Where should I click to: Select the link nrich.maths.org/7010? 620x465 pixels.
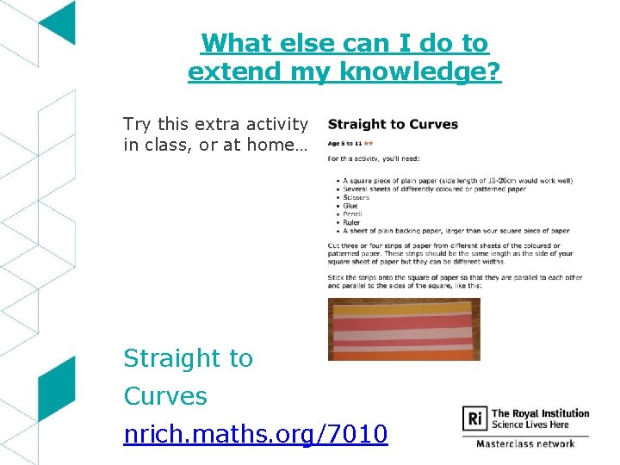[x=256, y=434]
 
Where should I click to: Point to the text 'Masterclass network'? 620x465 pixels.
[x=525, y=443]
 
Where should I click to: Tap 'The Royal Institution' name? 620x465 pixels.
[x=540, y=413]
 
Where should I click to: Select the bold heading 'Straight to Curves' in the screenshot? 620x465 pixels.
[x=393, y=125]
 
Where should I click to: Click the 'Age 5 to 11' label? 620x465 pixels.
[x=344, y=144]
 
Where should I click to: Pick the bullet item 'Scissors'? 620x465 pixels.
[x=356, y=197]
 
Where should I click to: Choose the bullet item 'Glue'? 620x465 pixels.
[x=350, y=206]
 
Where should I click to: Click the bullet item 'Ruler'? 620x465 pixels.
[x=351, y=222]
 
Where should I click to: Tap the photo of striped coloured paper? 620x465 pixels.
[x=404, y=330]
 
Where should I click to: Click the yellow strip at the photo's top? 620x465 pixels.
[x=404, y=306]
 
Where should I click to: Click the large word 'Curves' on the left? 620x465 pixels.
[x=165, y=396]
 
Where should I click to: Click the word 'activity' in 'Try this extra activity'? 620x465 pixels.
[x=277, y=124]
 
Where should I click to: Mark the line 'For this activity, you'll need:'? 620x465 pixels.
[x=379, y=158]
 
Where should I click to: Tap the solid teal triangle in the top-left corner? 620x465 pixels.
[x=60, y=22]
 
